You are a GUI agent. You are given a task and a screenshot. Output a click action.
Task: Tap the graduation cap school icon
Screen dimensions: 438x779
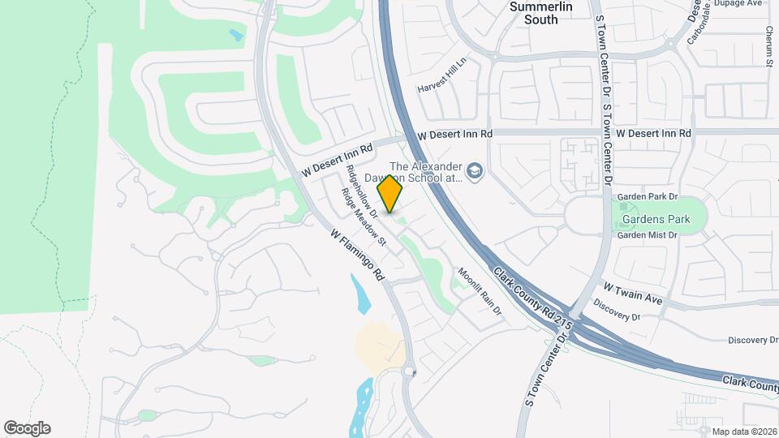click(x=475, y=170)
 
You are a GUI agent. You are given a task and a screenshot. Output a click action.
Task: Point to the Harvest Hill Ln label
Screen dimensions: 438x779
click(x=443, y=75)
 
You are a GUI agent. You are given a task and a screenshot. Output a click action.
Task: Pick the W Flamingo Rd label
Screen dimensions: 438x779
click(x=358, y=254)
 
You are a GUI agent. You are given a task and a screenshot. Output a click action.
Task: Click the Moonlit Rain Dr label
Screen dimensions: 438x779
click(x=480, y=291)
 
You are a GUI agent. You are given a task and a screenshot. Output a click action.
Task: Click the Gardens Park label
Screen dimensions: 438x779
click(x=656, y=219)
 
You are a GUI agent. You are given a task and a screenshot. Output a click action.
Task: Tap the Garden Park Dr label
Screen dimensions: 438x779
click(x=647, y=197)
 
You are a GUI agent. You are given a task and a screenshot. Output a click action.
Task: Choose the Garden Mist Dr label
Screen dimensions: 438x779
click(x=647, y=235)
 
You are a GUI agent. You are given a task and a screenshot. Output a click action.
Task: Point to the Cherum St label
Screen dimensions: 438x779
click(x=768, y=45)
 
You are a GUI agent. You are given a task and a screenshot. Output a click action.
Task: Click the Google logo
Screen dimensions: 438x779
click(x=27, y=428)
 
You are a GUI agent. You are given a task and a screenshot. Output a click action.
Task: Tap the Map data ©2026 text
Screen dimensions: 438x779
click(x=744, y=432)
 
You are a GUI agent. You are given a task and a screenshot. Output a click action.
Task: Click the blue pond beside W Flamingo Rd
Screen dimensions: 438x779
click(x=361, y=294)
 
